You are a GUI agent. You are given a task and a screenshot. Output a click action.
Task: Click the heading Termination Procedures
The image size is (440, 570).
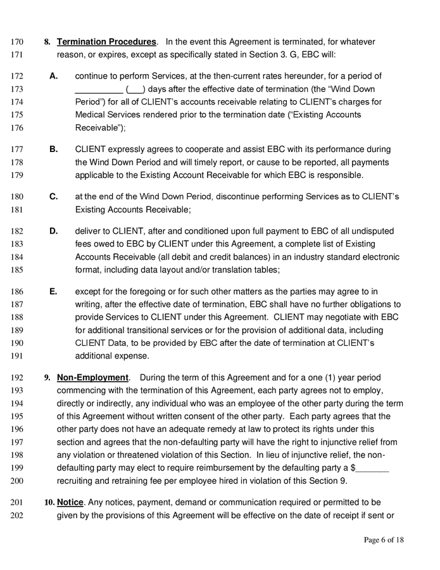point(106,42)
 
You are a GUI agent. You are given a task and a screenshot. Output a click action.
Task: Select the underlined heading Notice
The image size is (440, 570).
point(70,502)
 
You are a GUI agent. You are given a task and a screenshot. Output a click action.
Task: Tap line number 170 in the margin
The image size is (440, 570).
point(19,42)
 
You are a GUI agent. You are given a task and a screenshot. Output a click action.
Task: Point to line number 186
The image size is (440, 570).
point(19,292)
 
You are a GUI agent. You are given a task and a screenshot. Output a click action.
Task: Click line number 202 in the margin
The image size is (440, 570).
point(19,516)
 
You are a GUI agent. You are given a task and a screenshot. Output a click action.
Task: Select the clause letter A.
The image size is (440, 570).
point(54,76)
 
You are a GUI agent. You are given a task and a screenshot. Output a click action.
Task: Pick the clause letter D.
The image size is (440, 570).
point(54,231)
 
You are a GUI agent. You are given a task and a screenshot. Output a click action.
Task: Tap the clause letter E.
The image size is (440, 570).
point(53,292)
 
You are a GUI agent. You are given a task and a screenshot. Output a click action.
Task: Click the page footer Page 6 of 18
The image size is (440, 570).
point(384,540)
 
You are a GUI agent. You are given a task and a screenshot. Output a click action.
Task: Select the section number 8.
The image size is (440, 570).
point(47,42)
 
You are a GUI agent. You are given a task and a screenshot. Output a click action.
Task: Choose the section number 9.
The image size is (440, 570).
point(47,378)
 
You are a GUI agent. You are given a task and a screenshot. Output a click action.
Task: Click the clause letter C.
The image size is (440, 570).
point(54,196)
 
